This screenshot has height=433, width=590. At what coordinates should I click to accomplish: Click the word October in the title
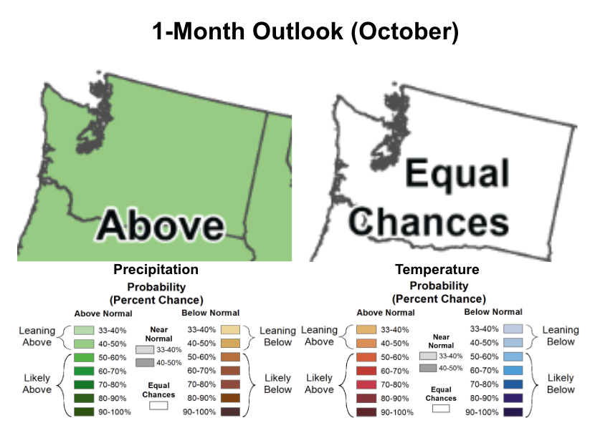point(404,31)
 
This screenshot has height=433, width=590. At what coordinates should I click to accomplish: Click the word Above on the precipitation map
point(161,225)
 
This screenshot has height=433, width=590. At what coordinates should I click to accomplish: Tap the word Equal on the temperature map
point(457,173)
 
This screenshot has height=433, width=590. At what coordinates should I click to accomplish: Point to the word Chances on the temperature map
point(429,222)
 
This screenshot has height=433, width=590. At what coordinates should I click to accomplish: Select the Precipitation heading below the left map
point(156,270)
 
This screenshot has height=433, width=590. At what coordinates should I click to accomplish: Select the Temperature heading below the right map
point(437,269)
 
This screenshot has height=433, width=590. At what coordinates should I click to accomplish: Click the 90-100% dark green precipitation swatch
point(84,412)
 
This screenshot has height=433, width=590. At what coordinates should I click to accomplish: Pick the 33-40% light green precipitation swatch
point(84,331)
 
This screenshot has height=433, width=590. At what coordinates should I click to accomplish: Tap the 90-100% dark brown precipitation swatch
point(230,412)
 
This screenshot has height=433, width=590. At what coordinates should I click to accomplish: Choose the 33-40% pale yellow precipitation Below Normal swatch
point(230,330)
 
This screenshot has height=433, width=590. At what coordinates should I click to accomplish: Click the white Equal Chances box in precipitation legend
point(158,406)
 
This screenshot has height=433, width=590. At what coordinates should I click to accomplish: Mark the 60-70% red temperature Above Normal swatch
point(366,371)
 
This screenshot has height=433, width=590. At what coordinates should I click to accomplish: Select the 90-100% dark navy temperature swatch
point(513,412)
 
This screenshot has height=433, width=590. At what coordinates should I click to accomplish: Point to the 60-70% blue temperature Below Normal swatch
point(513,370)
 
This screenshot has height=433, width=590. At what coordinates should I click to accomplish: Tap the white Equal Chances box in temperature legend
point(441,408)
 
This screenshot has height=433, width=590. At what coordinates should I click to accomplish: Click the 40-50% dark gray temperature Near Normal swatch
point(428,368)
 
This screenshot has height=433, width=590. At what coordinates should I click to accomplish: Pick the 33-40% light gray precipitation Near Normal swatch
point(145,350)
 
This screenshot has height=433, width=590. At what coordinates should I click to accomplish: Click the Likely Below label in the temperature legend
point(561,384)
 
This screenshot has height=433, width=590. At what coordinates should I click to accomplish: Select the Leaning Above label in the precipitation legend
point(37,336)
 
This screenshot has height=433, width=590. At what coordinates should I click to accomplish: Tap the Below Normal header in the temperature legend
point(493,312)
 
